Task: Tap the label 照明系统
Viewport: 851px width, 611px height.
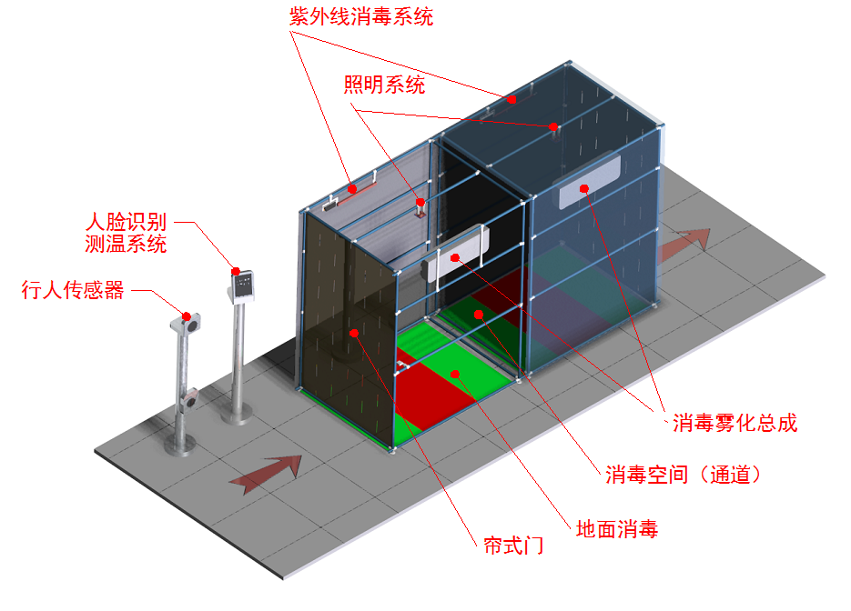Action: [383, 86]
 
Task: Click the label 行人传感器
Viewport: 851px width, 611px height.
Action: [72, 291]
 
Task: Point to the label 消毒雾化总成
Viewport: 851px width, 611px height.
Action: [734, 423]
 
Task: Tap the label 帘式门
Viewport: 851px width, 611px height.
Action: [513, 546]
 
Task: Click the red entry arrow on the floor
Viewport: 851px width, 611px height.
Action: [266, 473]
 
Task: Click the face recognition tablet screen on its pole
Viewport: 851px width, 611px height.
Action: [243, 285]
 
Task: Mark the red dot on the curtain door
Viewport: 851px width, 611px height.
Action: [354, 334]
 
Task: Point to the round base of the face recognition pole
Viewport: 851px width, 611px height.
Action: [238, 416]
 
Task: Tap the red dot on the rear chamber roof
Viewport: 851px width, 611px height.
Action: [512, 99]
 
